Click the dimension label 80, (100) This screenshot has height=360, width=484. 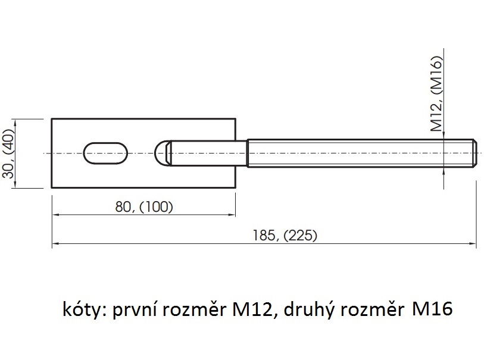[144, 206]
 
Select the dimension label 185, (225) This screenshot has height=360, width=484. [285, 236]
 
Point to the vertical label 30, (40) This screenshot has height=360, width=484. [9, 153]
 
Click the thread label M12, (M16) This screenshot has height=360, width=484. [436, 93]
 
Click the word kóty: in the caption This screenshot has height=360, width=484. [85, 309]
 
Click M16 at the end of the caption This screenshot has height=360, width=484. [432, 309]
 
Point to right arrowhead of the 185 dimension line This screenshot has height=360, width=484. [473, 244]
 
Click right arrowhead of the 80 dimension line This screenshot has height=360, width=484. [232, 214]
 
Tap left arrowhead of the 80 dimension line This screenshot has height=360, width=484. [56, 214]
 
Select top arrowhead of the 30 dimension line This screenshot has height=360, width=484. [14, 122]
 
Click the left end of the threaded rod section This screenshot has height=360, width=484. [248, 153]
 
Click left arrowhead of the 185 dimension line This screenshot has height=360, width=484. [56, 244]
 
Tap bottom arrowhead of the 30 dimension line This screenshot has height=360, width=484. [14, 184]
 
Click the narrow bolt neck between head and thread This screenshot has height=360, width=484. [209, 153]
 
